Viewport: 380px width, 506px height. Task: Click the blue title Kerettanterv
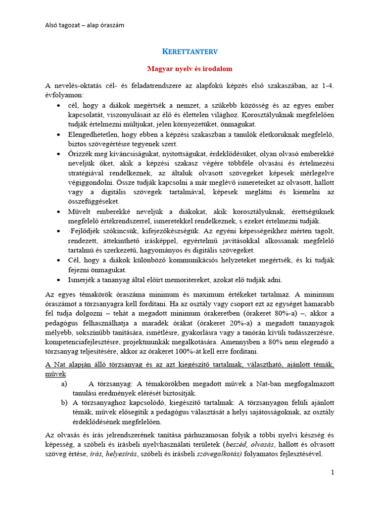click(x=190, y=51)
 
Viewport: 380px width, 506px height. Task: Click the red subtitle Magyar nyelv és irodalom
click(x=190, y=69)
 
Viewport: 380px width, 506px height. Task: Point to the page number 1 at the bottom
click(x=332, y=472)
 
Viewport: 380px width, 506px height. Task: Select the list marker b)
click(x=65, y=403)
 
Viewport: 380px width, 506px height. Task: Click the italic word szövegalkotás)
click(x=219, y=454)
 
